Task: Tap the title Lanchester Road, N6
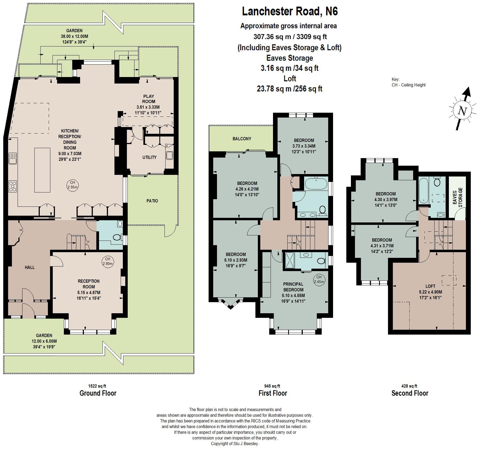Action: (290, 11)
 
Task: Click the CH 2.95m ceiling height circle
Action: (72, 185)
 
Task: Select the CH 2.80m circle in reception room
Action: (107, 261)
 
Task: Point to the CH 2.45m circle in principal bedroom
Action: (319, 279)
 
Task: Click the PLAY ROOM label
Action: (149, 99)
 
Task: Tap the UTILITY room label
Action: (149, 157)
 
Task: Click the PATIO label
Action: (152, 201)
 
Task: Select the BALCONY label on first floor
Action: (242, 139)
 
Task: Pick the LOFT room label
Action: (430, 286)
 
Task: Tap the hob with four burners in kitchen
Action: (13, 186)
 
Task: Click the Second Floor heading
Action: (410, 393)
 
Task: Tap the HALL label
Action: (30, 267)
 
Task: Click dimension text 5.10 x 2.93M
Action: (236, 260)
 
